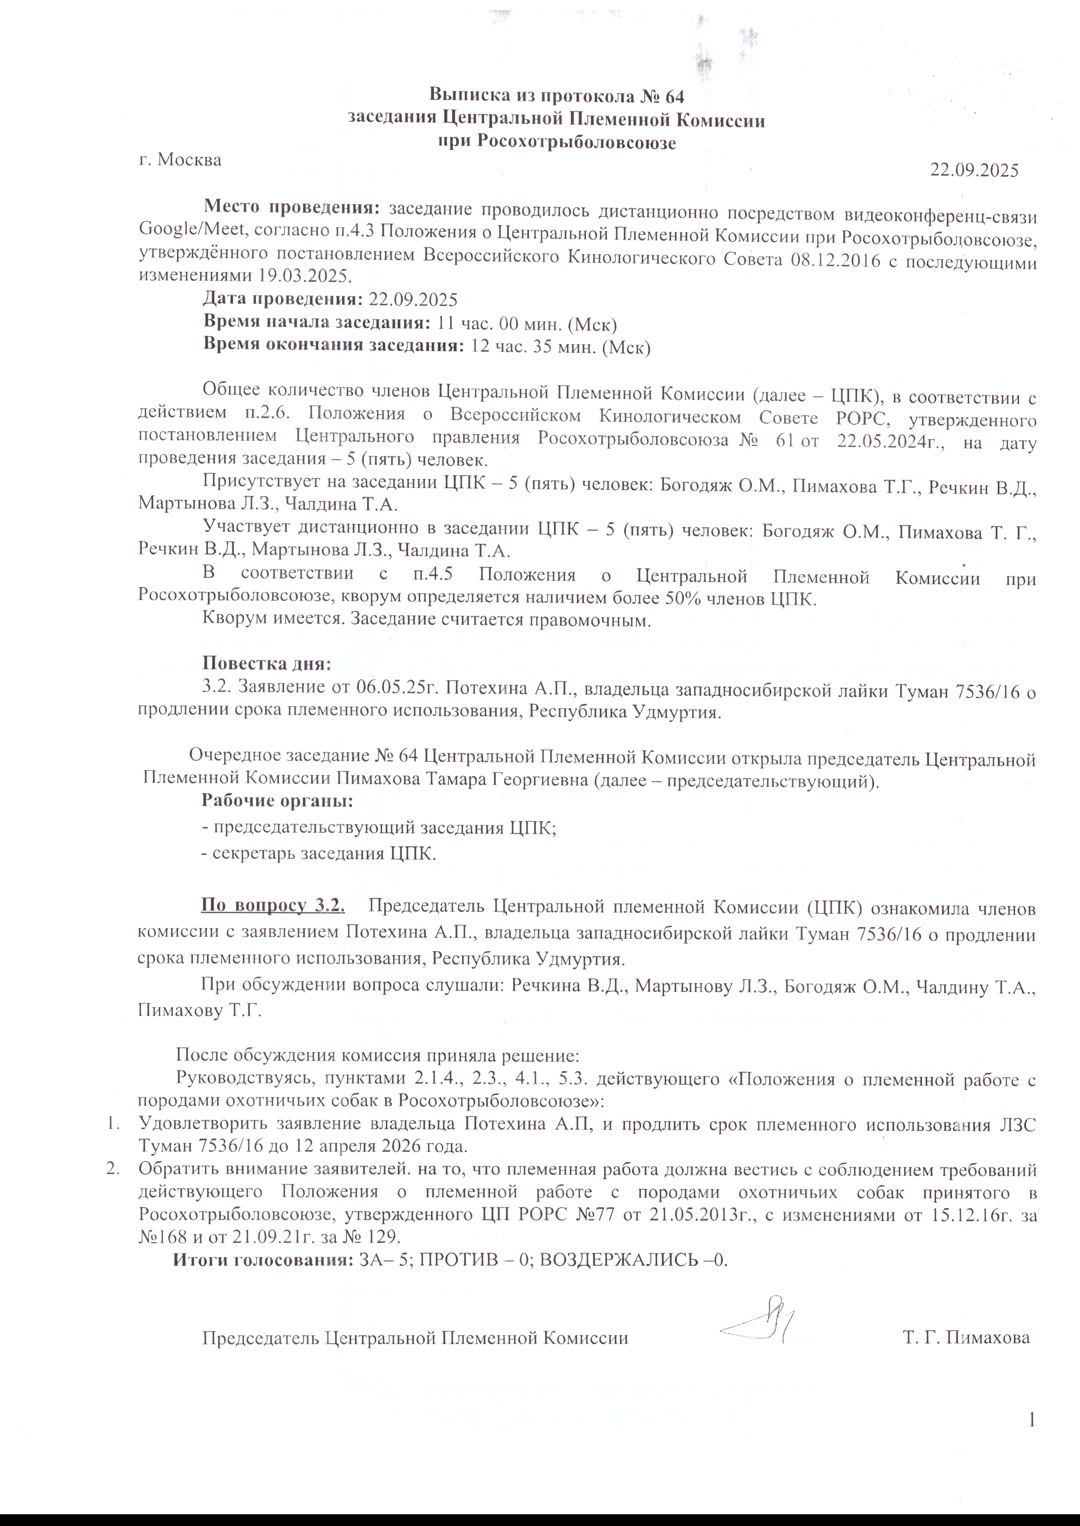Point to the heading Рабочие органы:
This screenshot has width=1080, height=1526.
coord(277,802)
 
